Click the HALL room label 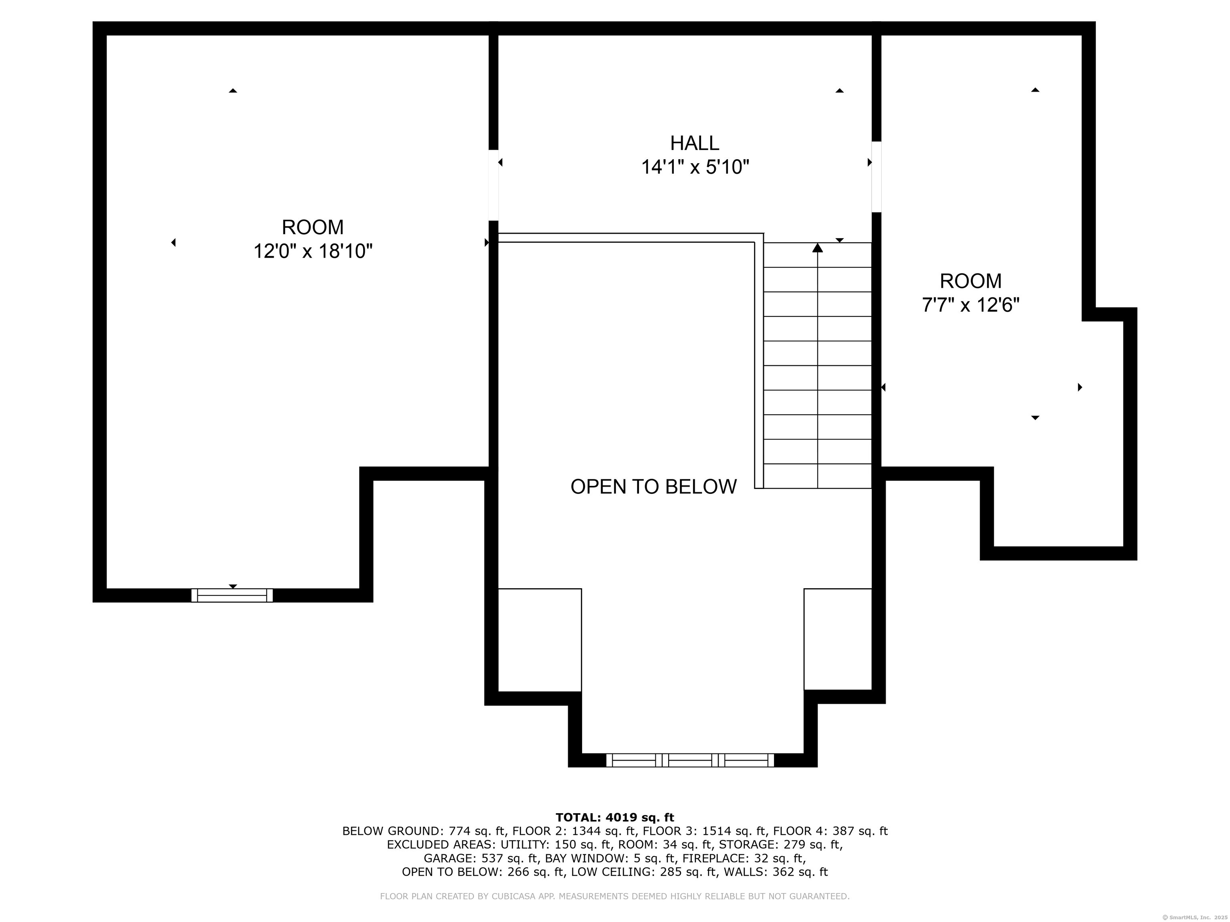[695, 143]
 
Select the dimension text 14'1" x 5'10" [695, 167]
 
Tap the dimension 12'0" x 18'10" [312, 252]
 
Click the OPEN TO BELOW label [653, 487]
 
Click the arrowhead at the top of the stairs [818, 248]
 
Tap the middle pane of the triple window [690, 760]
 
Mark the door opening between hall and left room [493, 185]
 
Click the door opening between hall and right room [876, 177]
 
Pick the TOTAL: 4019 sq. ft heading [615, 818]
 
